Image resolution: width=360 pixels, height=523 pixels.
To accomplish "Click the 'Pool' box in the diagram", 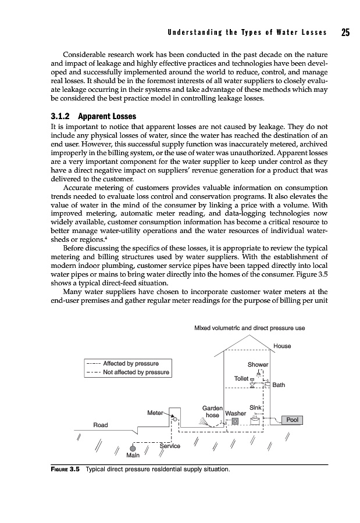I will coord(292,420).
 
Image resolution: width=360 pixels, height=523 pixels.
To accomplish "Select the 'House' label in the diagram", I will coord(282,346).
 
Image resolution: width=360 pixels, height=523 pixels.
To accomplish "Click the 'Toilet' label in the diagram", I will coord(241,378).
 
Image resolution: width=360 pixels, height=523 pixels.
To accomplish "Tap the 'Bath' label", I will coord(279,385).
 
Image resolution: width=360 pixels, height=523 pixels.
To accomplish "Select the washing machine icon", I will coord(236,421).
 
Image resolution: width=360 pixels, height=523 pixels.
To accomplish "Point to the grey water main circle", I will coord(133,449).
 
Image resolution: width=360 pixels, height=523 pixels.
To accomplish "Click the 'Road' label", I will coord(101,425).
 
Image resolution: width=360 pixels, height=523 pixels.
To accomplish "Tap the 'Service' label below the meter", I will coord(170,446).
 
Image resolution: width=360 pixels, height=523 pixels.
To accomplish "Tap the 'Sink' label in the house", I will coord(255,407).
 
